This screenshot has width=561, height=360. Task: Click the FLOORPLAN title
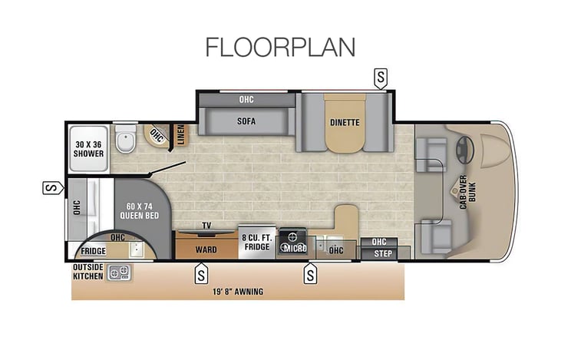pyautogui.click(x=281, y=48)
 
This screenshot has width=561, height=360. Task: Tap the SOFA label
pyautogui.click(x=246, y=121)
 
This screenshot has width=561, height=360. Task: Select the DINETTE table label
pyautogui.click(x=345, y=122)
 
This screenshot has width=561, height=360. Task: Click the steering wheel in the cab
pyautogui.click(x=465, y=150)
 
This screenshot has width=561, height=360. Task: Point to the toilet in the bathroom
pyautogui.click(x=126, y=139)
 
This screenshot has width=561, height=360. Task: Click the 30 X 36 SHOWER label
pyautogui.click(x=89, y=149)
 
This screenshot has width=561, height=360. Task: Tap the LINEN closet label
pyautogui.click(x=181, y=134)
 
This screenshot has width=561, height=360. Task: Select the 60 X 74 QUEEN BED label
pyautogui.click(x=140, y=211)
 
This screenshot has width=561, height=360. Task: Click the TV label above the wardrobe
pyautogui.click(x=206, y=226)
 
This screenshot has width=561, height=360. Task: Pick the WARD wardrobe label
pyautogui.click(x=206, y=249)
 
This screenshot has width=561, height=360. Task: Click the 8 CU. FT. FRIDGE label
pyautogui.click(x=257, y=243)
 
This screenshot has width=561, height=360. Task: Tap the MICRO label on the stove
pyautogui.click(x=295, y=249)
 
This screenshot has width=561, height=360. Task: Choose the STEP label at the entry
pyautogui.click(x=383, y=254)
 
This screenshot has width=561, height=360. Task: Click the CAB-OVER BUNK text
pyautogui.click(x=467, y=192)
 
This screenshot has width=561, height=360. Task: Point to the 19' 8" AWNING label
pyautogui.click(x=238, y=292)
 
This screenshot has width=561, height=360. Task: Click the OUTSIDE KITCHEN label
pyautogui.click(x=88, y=272)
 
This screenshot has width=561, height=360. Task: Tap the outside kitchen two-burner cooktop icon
pyautogui.click(x=119, y=273)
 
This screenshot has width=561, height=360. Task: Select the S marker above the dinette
pyautogui.click(x=381, y=78)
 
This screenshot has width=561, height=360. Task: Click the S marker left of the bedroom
pyautogui.click(x=53, y=188)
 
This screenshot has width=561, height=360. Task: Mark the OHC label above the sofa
pyautogui.click(x=246, y=100)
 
